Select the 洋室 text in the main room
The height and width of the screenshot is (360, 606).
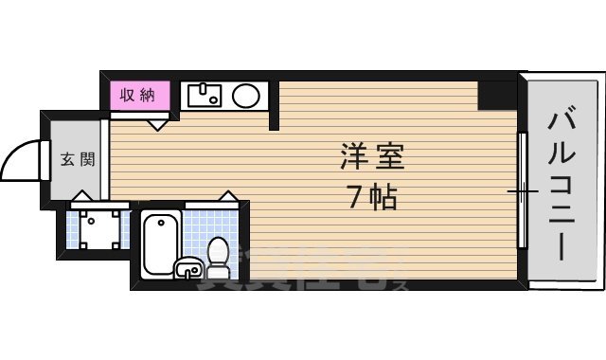pos(371,157)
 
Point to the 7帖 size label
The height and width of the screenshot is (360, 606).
pos(371,198)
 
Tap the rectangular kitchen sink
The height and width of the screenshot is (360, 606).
pos(204,96)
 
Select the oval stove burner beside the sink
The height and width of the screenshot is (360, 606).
pos(247,96)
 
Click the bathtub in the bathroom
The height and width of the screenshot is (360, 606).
pos(162,245)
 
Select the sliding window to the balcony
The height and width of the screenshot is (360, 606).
pos(521,189)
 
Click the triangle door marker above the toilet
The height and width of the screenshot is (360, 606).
pos(226,197)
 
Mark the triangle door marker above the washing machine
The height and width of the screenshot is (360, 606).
pos(81,196)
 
